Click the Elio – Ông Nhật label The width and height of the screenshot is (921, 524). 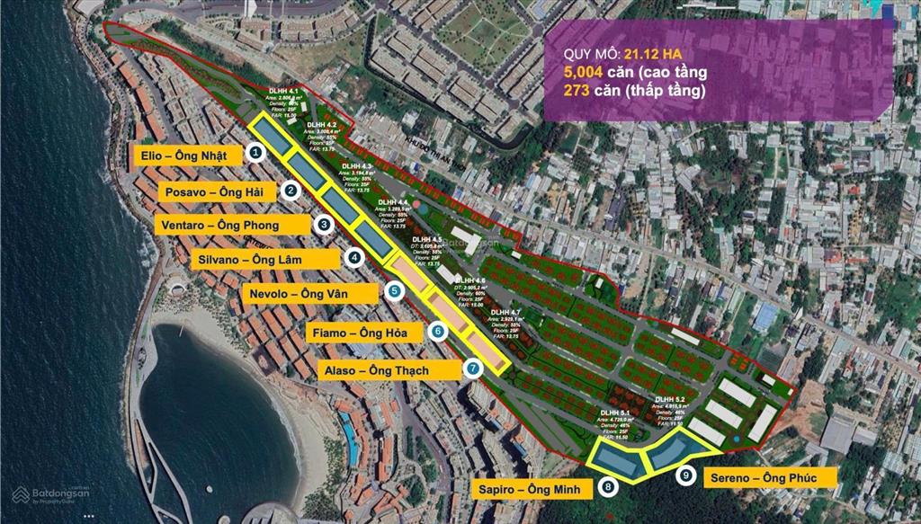190,155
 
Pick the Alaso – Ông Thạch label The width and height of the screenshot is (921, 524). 389,369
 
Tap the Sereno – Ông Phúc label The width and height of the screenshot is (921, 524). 769,477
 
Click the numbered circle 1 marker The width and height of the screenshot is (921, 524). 256,153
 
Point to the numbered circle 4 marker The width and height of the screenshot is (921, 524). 355,258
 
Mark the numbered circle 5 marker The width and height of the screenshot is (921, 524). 394,291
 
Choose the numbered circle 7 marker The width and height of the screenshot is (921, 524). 473,368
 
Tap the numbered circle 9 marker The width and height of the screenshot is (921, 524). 687,476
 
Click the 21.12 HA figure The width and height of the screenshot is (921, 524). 665,51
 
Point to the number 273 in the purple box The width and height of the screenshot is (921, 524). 577,91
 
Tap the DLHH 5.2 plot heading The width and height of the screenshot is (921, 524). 670,399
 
